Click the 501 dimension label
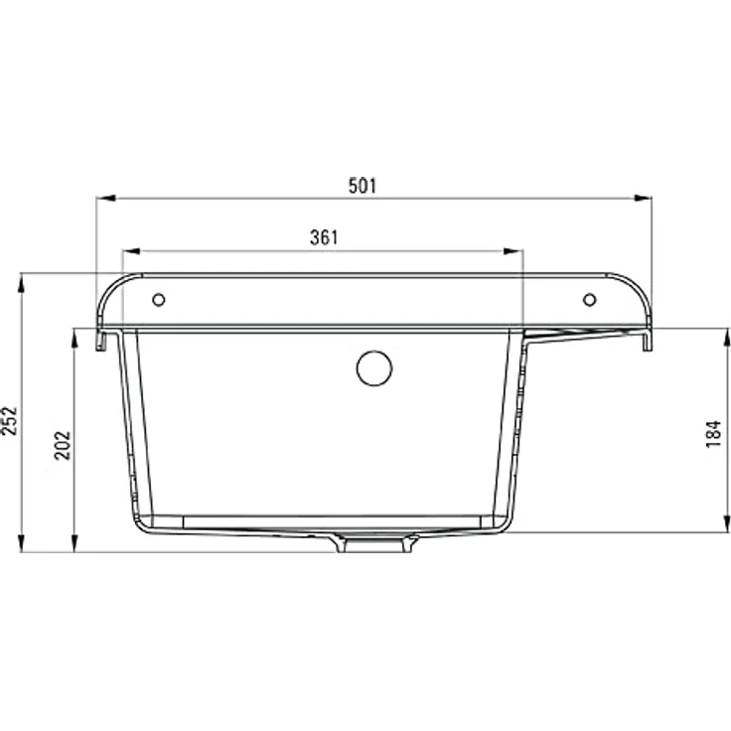pyautogui.click(x=363, y=186)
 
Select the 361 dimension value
pyautogui.click(x=324, y=237)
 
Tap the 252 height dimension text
pyautogui.click(x=9, y=421)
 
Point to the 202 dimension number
pyautogui.click(x=63, y=446)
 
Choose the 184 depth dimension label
pyautogui.click(x=713, y=434)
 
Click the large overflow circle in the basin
pyautogui.click(x=374, y=368)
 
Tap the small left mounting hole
pyautogui.click(x=159, y=299)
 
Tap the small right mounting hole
pyautogui.click(x=590, y=299)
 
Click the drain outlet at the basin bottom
pyautogui.click(x=374, y=543)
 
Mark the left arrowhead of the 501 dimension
pyautogui.click(x=106, y=198)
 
